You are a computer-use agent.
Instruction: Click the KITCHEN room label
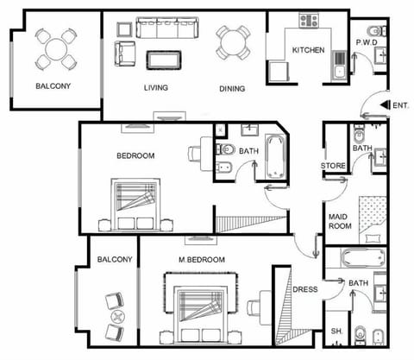pyautogui.click(x=308, y=50)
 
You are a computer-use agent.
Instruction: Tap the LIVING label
pyautogui.click(x=155, y=87)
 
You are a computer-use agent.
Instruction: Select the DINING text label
pyautogui.click(x=232, y=87)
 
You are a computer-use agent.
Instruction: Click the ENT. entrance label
pyautogui.click(x=401, y=105)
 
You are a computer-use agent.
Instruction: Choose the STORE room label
pyautogui.click(x=334, y=166)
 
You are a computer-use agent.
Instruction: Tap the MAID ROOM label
pyautogui.click(x=339, y=221)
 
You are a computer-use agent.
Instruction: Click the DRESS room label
pyautogui.click(x=305, y=290)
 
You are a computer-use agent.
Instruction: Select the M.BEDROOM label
pyautogui.click(x=202, y=260)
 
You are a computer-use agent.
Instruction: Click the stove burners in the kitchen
pyautogui.click(x=308, y=19)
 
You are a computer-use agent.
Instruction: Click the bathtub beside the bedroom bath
pyautogui.click(x=277, y=155)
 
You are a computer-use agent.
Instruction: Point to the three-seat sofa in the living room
pyautogui.click(x=168, y=29)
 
